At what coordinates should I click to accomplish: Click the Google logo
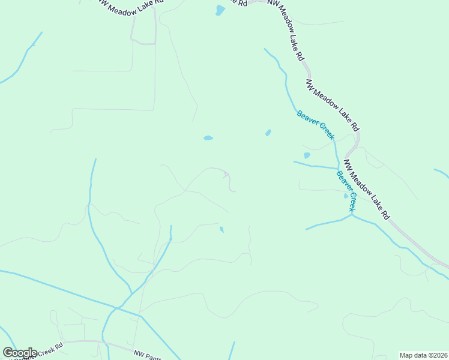pos(20,353)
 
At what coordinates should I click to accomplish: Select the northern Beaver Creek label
pos(315,125)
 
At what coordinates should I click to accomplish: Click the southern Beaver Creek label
pos(346,191)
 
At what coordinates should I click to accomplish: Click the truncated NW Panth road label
pos(148,355)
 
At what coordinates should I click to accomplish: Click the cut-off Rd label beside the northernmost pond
pos(243,2)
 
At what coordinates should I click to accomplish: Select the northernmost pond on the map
pos(220,10)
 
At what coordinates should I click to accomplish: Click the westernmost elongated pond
pos(208,138)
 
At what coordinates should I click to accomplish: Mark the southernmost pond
pos(221,229)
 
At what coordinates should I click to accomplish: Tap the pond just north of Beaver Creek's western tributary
pos(307,155)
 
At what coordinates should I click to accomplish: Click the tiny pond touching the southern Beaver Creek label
pos(345,196)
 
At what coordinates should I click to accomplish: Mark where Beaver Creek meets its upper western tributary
pos(338,168)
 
